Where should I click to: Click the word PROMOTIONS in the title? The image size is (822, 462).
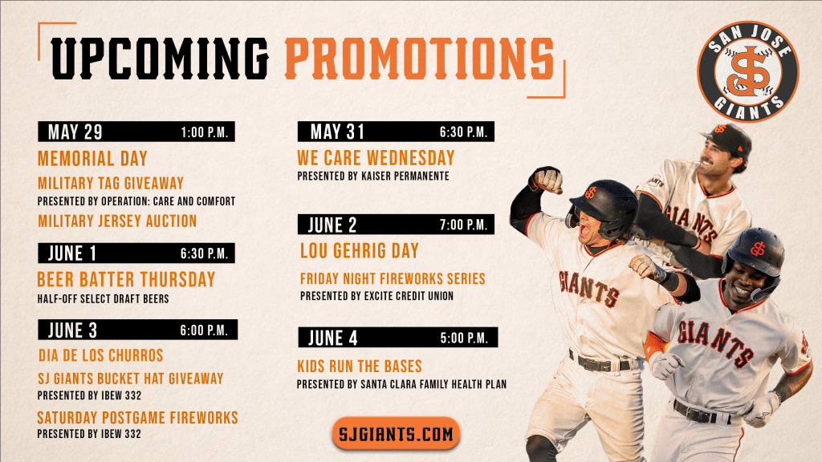click(420, 59)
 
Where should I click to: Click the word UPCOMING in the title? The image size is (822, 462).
click(160, 59)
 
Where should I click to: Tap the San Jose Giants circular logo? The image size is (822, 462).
click(747, 71)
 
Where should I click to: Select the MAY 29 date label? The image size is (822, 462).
click(75, 132)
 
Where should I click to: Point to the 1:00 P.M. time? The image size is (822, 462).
click(205, 132)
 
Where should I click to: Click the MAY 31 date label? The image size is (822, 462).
click(337, 132)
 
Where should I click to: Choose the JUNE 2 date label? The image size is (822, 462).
click(332, 225)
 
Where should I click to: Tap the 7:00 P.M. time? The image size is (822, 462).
click(463, 225)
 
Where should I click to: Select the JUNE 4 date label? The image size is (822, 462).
click(333, 338)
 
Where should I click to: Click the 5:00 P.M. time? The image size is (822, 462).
click(464, 338)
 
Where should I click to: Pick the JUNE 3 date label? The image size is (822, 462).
click(72, 330)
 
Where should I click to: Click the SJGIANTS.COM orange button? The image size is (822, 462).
click(396, 433)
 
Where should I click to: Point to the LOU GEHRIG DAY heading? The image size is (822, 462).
click(359, 251)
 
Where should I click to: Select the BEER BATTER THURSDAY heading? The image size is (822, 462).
click(126, 279)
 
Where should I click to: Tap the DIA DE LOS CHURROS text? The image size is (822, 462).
click(100, 355)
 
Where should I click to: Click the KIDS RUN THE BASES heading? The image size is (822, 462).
click(360, 366)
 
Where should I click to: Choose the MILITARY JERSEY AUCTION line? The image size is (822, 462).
click(117, 221)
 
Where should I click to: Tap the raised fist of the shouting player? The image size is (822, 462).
click(546, 180)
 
